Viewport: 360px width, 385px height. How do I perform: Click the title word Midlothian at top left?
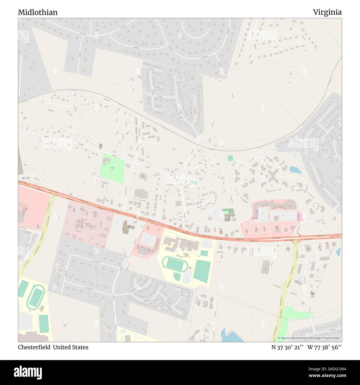pos(38,12)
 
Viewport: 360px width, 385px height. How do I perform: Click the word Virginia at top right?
pos(327,12)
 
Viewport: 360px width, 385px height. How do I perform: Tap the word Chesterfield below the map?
pos(34,347)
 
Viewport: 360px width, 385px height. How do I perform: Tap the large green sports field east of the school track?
pos(202,271)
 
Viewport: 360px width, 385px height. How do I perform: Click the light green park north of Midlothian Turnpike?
pos(112,168)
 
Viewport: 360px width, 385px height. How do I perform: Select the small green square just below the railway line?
pos(230,158)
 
